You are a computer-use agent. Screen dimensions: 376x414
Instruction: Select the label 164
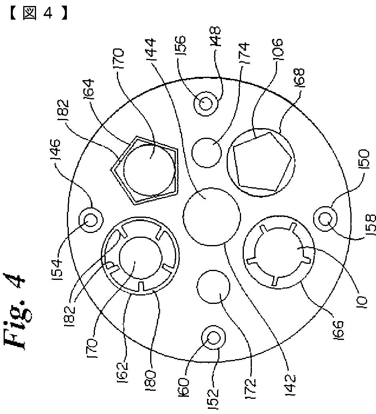(x=89, y=92)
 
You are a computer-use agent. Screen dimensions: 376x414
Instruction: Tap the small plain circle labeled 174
(x=207, y=153)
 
